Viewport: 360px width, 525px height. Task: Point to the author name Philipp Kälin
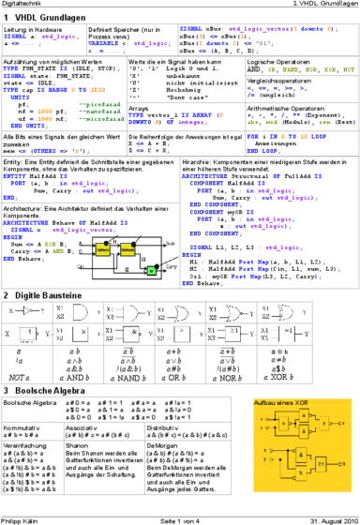(x=22, y=519)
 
